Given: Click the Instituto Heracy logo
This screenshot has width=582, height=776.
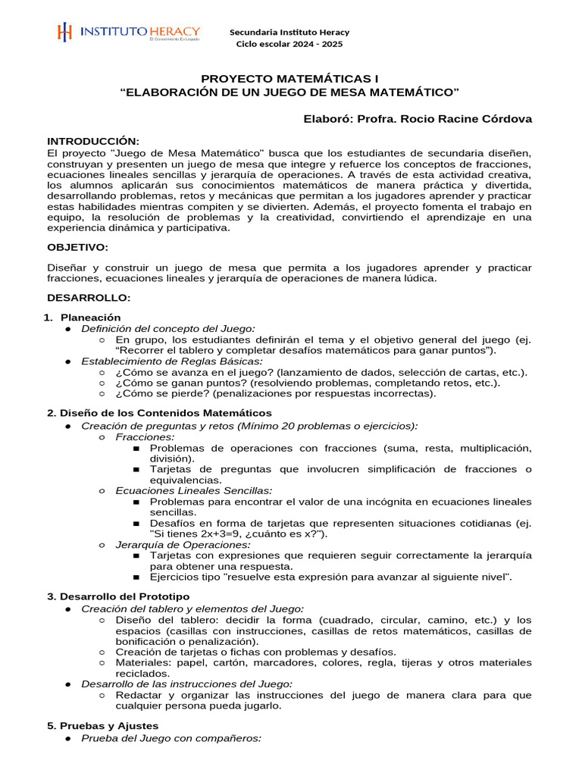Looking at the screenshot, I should tap(128, 33).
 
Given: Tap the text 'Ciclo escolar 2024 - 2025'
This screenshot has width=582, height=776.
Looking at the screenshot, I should tap(289, 44).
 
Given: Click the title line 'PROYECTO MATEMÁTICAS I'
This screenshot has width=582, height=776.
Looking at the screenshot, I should tap(290, 79).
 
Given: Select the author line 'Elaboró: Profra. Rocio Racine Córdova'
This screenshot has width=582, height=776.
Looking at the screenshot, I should tap(417, 119).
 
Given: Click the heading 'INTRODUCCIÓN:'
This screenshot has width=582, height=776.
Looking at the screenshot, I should tap(93, 141).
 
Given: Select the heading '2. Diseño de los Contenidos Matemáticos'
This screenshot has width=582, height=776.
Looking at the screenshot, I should tap(159, 413).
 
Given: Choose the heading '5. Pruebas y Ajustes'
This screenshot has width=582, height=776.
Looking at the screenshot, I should tap(103, 725).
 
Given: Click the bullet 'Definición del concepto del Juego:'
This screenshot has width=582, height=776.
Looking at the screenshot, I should tap(168, 328).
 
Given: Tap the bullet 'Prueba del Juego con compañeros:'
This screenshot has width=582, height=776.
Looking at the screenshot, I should tap(171, 737).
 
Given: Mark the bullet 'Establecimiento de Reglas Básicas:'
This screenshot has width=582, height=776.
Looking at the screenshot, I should tap(172, 361).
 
